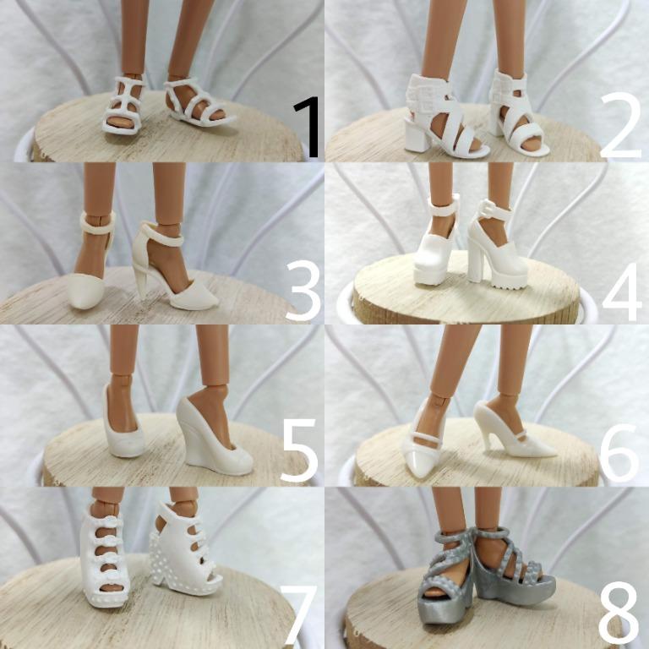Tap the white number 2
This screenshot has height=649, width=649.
click(x=619, y=125)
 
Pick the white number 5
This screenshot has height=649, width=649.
click(x=300, y=450)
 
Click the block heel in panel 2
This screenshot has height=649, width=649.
click(x=415, y=134)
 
